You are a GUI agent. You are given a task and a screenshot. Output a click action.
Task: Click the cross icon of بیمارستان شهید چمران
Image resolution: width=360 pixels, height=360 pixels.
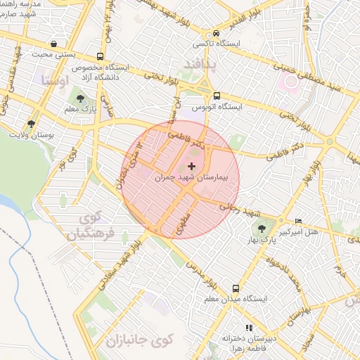(x=192, y=166)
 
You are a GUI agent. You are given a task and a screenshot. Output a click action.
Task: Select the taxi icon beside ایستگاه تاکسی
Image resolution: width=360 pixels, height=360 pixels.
(x=216, y=33)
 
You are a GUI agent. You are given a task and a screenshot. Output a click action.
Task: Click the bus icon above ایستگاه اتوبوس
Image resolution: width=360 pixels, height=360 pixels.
(x=217, y=96)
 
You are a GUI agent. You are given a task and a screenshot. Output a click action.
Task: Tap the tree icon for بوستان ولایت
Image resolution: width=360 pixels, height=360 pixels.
(x=30, y=124)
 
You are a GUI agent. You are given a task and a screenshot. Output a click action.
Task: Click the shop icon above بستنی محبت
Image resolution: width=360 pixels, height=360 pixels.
(x=53, y=44)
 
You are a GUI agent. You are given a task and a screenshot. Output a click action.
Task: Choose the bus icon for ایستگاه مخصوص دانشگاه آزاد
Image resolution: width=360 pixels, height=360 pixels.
(x=100, y=56)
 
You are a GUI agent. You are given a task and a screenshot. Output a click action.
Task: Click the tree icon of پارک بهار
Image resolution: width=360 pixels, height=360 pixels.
(x=262, y=228)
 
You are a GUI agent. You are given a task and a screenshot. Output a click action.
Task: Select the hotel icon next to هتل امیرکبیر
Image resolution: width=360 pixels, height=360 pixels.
(x=300, y=221)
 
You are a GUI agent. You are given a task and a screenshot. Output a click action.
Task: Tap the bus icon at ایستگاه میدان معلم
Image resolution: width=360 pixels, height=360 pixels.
(x=236, y=288)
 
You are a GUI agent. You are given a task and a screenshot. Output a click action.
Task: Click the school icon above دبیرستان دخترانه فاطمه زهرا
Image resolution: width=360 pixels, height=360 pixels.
(x=247, y=328)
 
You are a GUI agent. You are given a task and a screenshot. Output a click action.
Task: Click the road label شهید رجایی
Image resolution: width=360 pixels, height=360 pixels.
(x=239, y=210)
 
